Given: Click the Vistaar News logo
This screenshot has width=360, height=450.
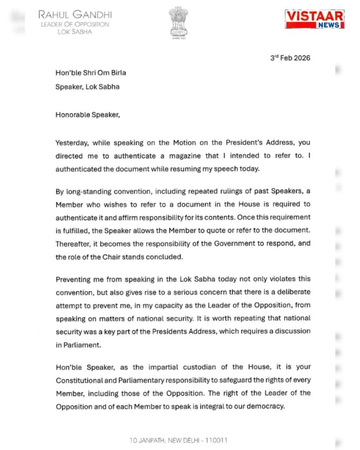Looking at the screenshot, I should pos(314,19).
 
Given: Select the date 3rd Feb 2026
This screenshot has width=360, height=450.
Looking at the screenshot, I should pos(290,58).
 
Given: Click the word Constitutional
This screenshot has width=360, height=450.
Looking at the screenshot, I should pos(81,380).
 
